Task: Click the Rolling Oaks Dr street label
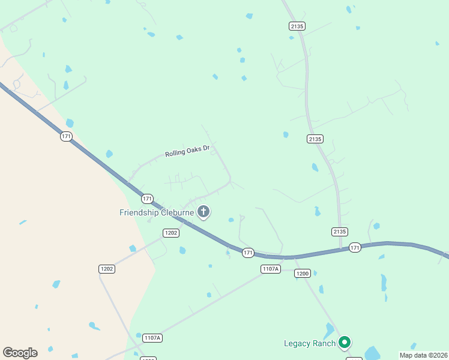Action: click(187, 152)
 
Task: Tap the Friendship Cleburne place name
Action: click(156, 212)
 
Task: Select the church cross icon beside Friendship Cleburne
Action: click(203, 211)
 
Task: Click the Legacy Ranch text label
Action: click(309, 343)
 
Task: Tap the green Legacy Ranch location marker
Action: click(344, 343)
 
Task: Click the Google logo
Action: click(20, 353)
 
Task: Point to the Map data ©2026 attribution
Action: click(423, 355)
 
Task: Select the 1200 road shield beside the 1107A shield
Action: click(302, 274)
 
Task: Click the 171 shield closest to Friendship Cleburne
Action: click(147, 198)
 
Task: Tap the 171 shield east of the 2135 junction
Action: click(355, 247)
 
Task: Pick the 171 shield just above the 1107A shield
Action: click(248, 253)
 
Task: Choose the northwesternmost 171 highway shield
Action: click(66, 137)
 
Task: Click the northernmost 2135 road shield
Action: click(297, 26)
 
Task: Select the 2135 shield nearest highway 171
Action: click(339, 232)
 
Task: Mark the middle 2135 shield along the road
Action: click(315, 139)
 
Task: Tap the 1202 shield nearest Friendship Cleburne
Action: click(171, 233)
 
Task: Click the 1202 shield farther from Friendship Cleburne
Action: click(107, 269)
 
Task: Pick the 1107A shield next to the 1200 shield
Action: click(271, 269)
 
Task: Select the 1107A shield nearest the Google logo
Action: click(152, 338)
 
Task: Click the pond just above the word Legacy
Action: click(328, 330)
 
